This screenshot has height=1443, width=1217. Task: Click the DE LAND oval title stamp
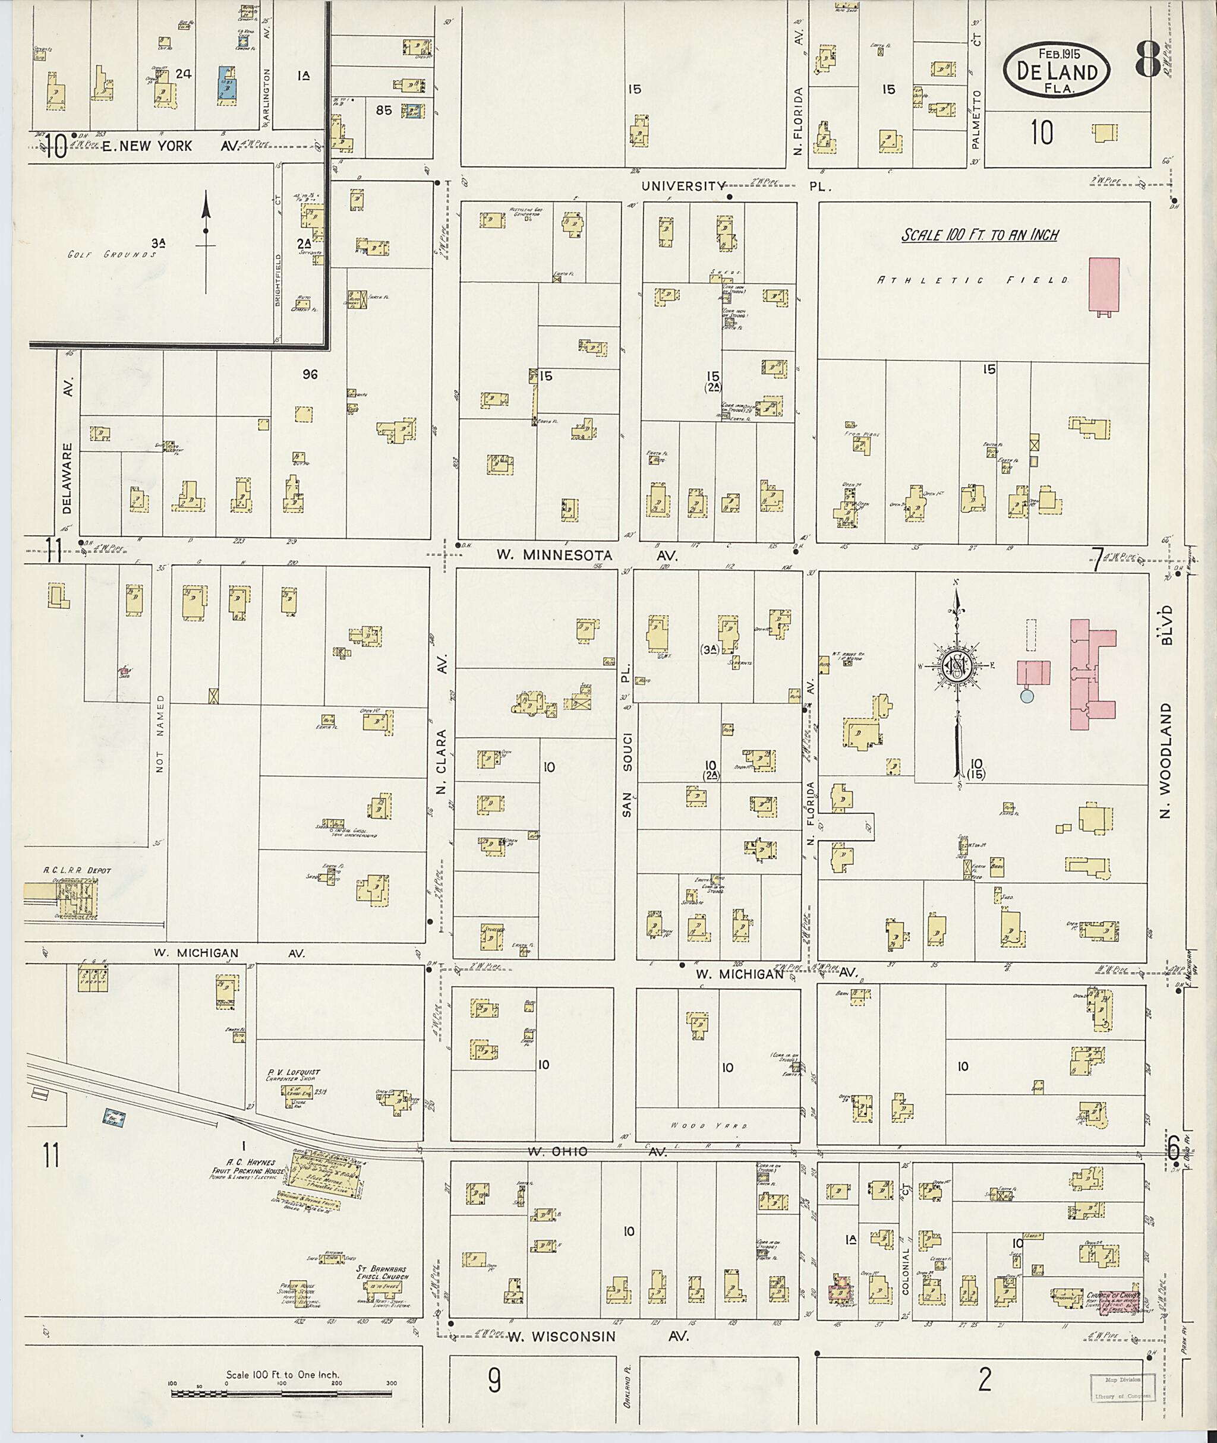point(1056,70)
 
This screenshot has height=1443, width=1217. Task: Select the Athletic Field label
point(973,281)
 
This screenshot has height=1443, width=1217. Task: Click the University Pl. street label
point(736,186)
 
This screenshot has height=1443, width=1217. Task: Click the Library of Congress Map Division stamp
point(1122,1382)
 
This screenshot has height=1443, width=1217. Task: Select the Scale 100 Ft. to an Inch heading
point(980,235)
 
